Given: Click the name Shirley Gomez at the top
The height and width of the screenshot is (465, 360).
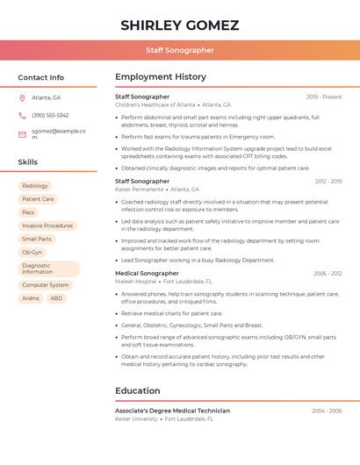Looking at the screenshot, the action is click(180, 25).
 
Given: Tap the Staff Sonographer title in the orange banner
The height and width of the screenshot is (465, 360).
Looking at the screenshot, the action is click(180, 50).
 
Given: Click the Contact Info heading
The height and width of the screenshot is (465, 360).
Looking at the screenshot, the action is click(41, 77).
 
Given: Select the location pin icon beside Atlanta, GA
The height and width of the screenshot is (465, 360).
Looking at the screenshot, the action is click(22, 97).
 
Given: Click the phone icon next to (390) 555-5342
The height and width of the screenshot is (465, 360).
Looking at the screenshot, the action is click(22, 115).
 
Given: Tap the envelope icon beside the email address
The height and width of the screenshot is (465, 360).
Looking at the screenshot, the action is click(22, 134).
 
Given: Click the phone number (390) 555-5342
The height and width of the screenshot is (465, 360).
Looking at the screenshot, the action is click(50, 115).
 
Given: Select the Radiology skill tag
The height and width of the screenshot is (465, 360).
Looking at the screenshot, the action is click(35, 186).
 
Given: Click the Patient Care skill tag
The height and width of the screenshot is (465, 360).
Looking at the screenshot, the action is click(38, 199).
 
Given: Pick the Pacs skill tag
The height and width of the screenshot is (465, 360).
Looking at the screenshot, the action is click(28, 212).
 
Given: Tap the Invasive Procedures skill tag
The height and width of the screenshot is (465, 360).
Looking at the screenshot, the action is click(47, 225).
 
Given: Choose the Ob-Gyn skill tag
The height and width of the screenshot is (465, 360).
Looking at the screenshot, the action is click(32, 252).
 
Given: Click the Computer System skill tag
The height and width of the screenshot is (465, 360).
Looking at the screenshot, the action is click(45, 285).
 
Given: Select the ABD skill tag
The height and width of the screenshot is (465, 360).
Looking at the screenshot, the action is click(56, 298).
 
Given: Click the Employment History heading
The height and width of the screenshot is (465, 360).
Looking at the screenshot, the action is click(161, 77).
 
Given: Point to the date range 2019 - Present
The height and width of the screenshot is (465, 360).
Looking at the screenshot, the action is click(324, 97).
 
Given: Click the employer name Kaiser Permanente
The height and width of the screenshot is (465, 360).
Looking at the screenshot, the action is click(140, 189).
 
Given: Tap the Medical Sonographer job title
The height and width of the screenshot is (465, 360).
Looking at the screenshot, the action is click(147, 273).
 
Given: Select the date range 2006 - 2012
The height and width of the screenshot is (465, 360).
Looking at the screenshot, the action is click(328, 273).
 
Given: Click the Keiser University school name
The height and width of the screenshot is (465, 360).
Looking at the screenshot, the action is click(136, 418).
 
